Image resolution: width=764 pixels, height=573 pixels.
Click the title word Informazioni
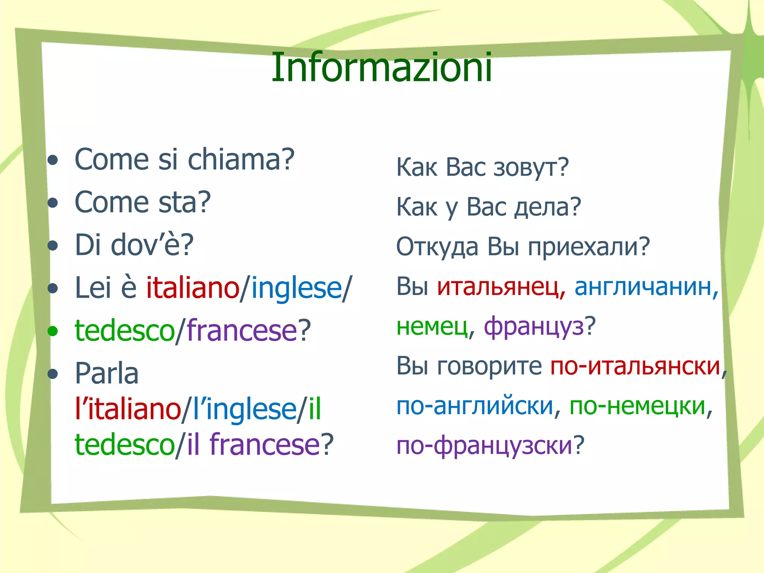click(382, 68)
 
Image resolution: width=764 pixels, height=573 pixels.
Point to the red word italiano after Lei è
click(192, 288)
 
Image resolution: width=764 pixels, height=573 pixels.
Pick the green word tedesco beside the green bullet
click(125, 331)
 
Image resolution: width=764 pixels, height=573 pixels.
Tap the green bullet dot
click(53, 331)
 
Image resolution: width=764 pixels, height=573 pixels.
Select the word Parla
click(107, 373)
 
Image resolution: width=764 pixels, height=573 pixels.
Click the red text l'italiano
click(128, 409)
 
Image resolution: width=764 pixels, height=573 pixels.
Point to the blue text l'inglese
click(245, 409)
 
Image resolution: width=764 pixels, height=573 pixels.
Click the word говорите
click(489, 366)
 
